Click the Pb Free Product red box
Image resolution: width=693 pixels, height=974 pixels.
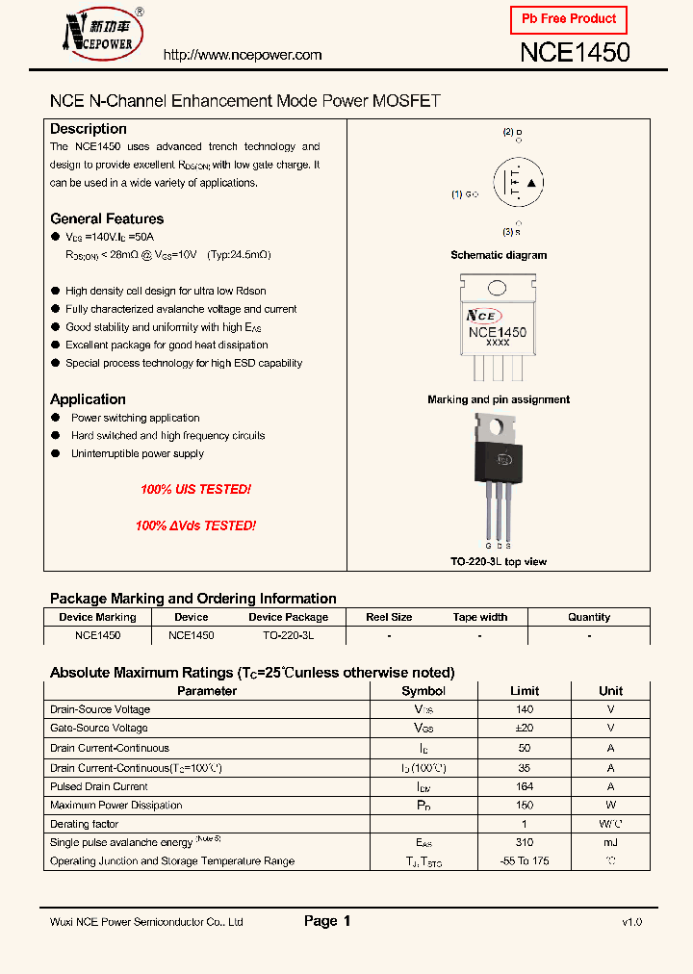(568, 19)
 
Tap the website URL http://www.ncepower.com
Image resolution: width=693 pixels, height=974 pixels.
(243, 55)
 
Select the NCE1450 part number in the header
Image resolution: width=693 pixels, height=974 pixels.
(575, 53)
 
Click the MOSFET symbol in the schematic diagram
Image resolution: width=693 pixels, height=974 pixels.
(518, 182)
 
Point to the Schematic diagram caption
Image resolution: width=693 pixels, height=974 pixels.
(499, 255)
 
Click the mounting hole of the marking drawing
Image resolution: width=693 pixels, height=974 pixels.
(498, 288)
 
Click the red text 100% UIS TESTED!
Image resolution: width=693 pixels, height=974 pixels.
(195, 490)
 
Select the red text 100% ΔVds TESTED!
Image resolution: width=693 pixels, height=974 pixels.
(195, 525)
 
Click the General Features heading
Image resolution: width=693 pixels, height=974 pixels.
(107, 218)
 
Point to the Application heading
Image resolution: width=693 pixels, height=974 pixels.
(88, 399)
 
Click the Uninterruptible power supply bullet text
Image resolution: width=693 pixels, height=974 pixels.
(138, 453)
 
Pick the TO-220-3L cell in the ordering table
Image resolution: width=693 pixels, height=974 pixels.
(288, 636)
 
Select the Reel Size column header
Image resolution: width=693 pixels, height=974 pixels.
(389, 617)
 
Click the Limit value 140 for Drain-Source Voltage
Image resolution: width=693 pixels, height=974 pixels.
(525, 709)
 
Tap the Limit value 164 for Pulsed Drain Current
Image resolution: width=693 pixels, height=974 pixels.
(525, 786)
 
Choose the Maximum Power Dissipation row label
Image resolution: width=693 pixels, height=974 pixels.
(115, 805)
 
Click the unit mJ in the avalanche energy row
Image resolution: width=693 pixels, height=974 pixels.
(610, 842)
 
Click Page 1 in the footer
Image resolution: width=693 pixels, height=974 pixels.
(327, 921)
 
